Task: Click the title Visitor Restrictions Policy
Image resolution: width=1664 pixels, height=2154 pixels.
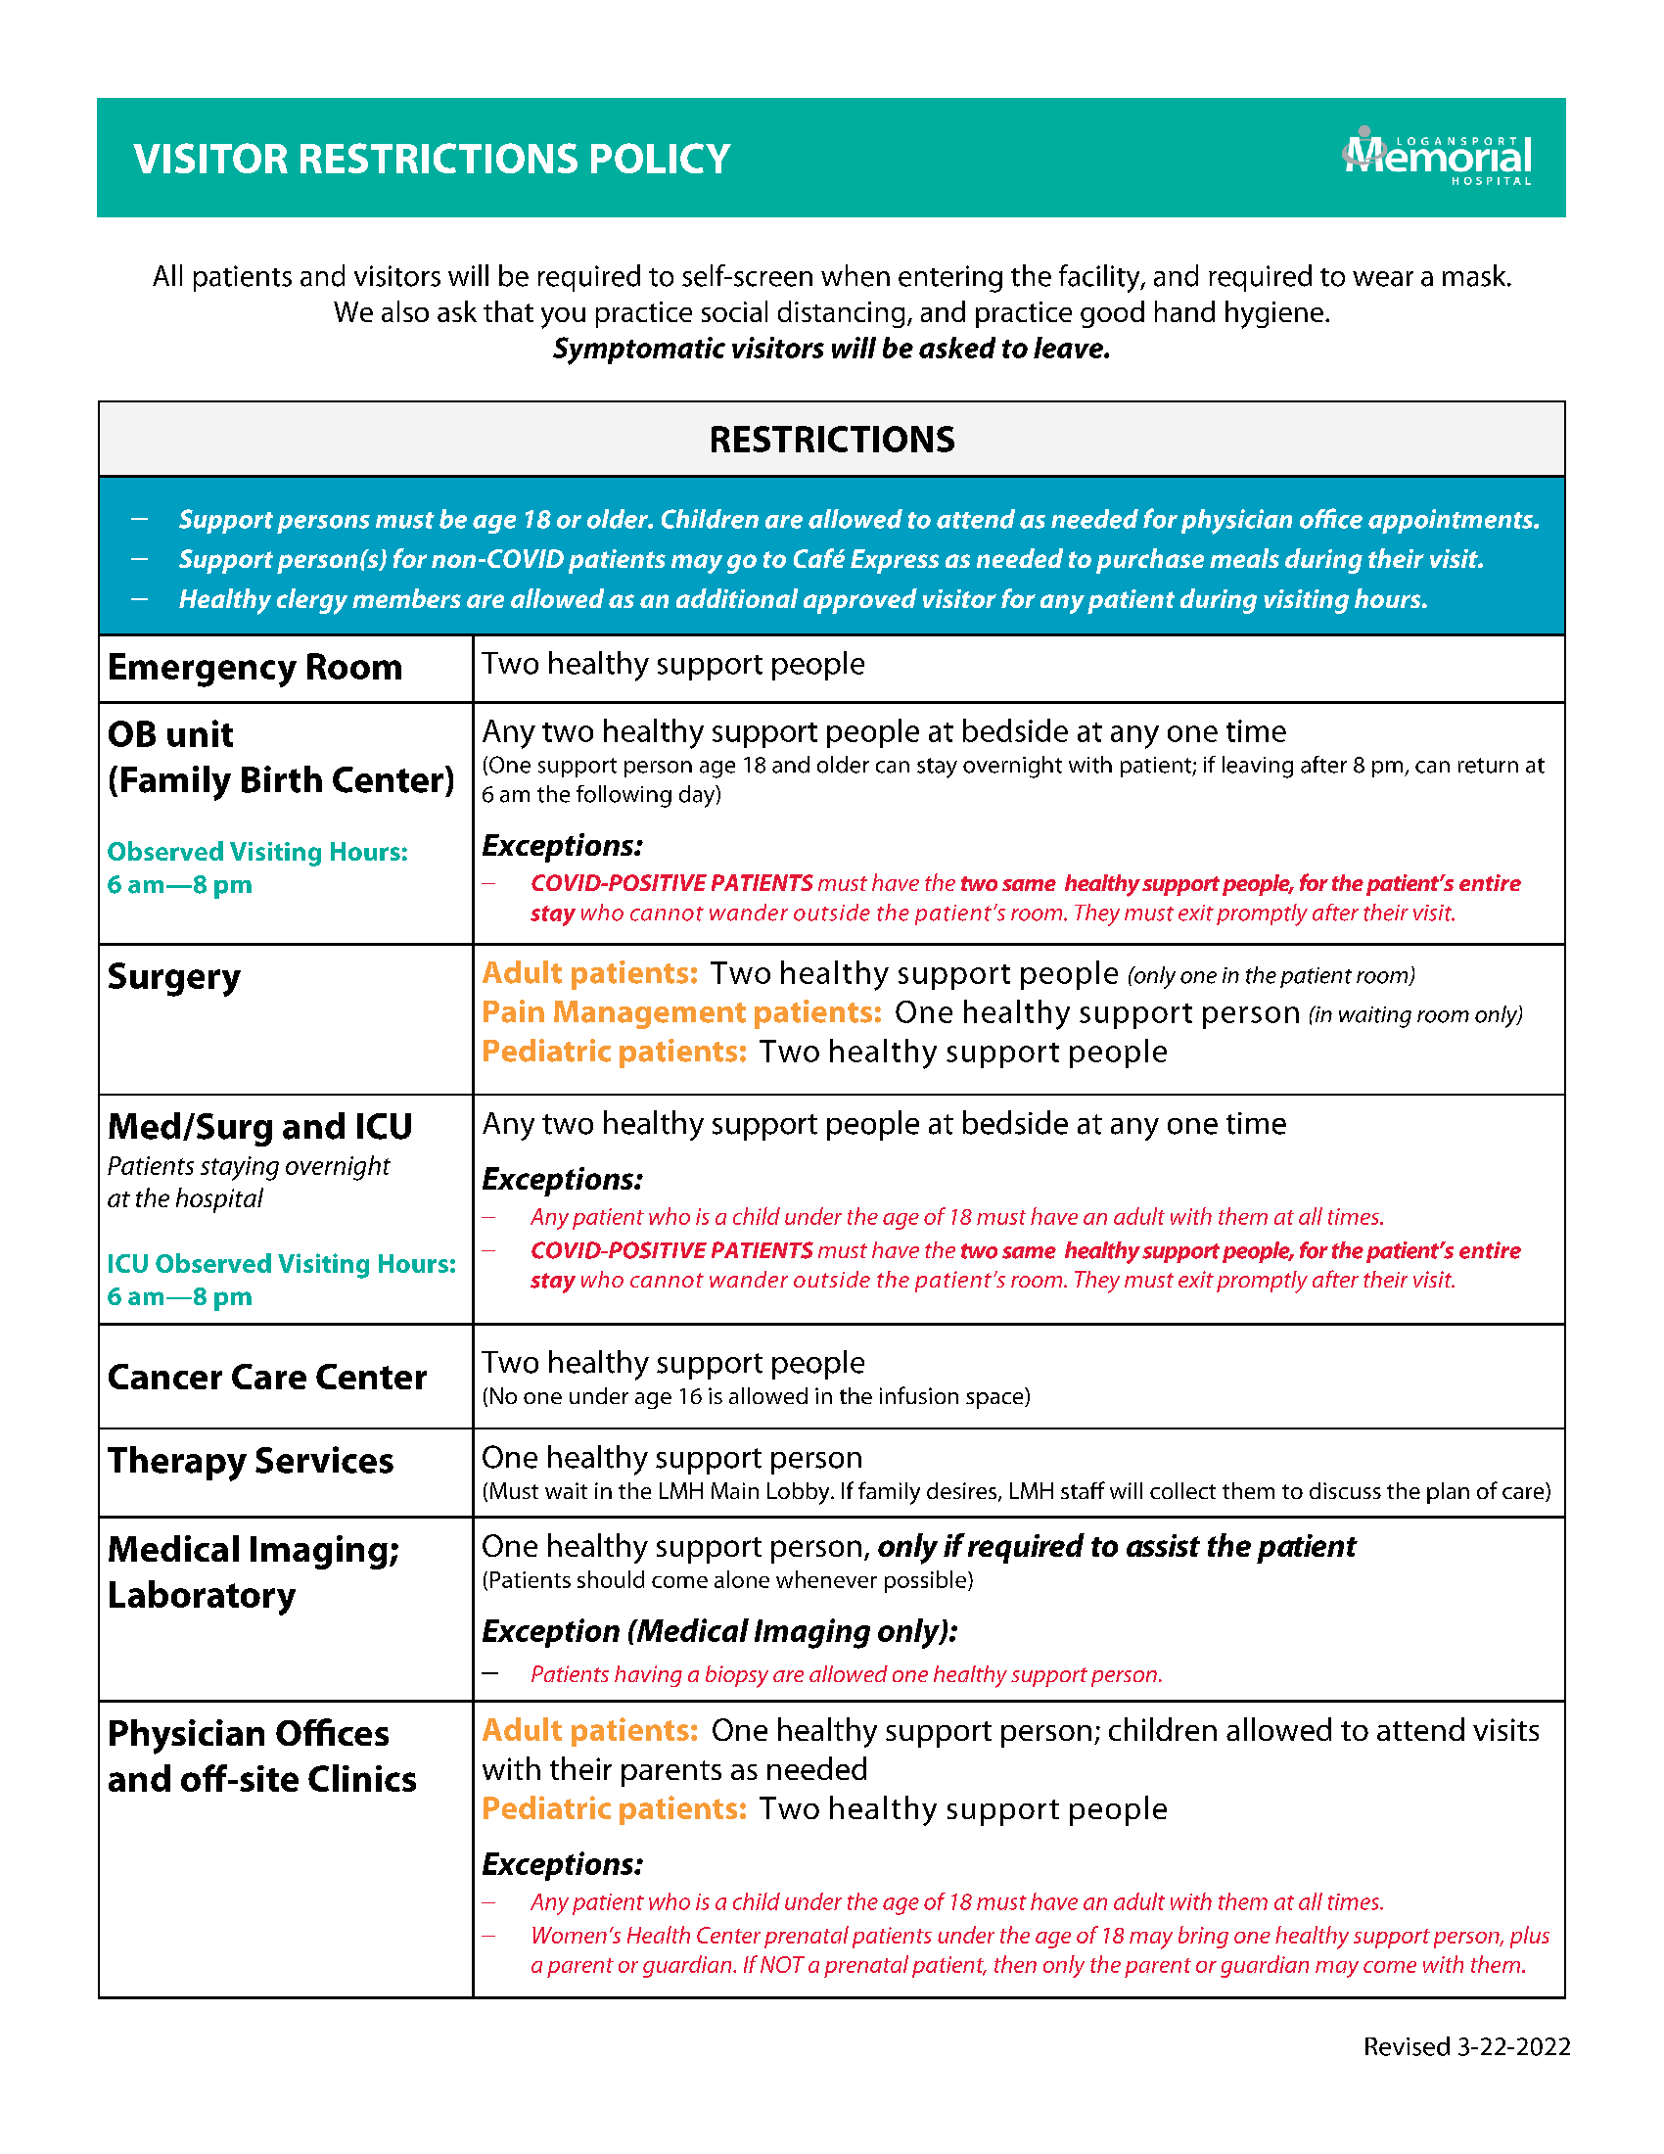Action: pos(432,160)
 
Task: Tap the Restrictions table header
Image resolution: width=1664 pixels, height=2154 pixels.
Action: pos(831,440)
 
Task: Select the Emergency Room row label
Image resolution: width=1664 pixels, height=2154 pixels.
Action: pos(254,668)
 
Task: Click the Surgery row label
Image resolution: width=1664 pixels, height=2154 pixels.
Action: pos(173,976)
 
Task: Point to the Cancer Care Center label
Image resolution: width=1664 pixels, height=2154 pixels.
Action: pos(266,1377)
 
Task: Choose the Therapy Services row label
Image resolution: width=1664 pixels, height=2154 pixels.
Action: pos(251,1461)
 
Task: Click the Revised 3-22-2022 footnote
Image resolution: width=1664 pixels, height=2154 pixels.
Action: pos(1466,2046)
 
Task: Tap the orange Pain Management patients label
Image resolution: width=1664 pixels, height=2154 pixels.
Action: pos(681,1013)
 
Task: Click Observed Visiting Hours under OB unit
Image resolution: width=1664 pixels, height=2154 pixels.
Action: pos(256,852)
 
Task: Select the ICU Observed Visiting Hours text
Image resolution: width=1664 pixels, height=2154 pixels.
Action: pos(281,1264)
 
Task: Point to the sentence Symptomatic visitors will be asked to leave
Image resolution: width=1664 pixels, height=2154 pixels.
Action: pos(831,350)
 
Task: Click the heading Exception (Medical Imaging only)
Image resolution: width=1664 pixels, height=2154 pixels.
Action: pos(719,1631)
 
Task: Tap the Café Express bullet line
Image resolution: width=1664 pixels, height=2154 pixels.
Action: pos(830,559)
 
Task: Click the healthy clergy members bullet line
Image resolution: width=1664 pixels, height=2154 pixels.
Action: pos(803,599)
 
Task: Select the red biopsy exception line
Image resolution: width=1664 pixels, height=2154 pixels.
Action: pos(846,1674)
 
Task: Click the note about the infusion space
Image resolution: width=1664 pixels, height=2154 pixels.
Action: pos(755,1396)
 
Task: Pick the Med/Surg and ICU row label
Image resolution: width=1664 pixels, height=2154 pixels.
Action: pos(259,1126)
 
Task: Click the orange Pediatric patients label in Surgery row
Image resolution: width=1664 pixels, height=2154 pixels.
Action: pos(614,1053)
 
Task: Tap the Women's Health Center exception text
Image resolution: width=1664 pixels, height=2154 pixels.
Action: pos(1039,1950)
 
